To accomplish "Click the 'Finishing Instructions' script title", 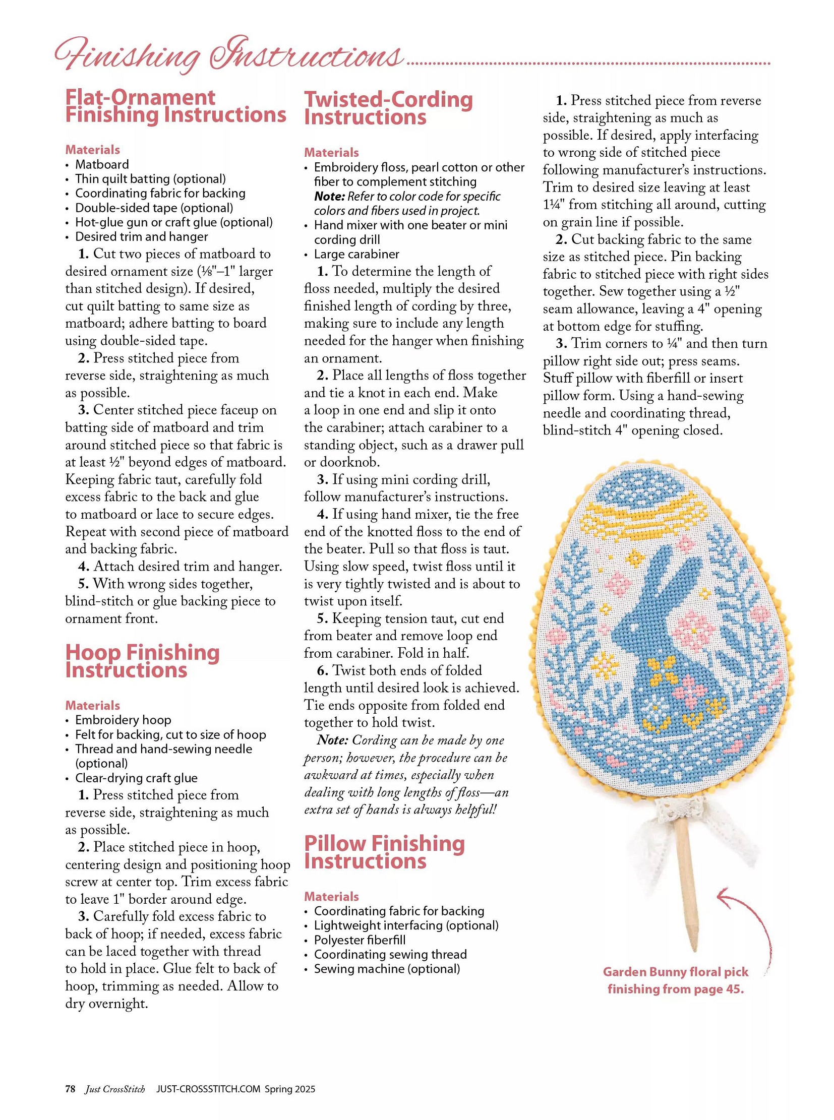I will coord(228,54).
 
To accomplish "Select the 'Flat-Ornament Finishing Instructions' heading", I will coord(175,106).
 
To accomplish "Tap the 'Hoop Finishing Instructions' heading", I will coord(142,661).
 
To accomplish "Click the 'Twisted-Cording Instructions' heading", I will coord(388,108).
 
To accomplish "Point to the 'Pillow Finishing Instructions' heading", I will coord(384,852).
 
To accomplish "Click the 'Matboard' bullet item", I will coord(102,164).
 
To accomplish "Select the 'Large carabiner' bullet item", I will coord(356,254).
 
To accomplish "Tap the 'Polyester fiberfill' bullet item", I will coord(360,940).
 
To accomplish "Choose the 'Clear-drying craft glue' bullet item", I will coord(136,778).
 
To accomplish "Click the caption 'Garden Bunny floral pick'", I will coord(676,972).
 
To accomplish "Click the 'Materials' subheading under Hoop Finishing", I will coord(92,705).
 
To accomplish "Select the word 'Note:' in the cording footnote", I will coord(332,740).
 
